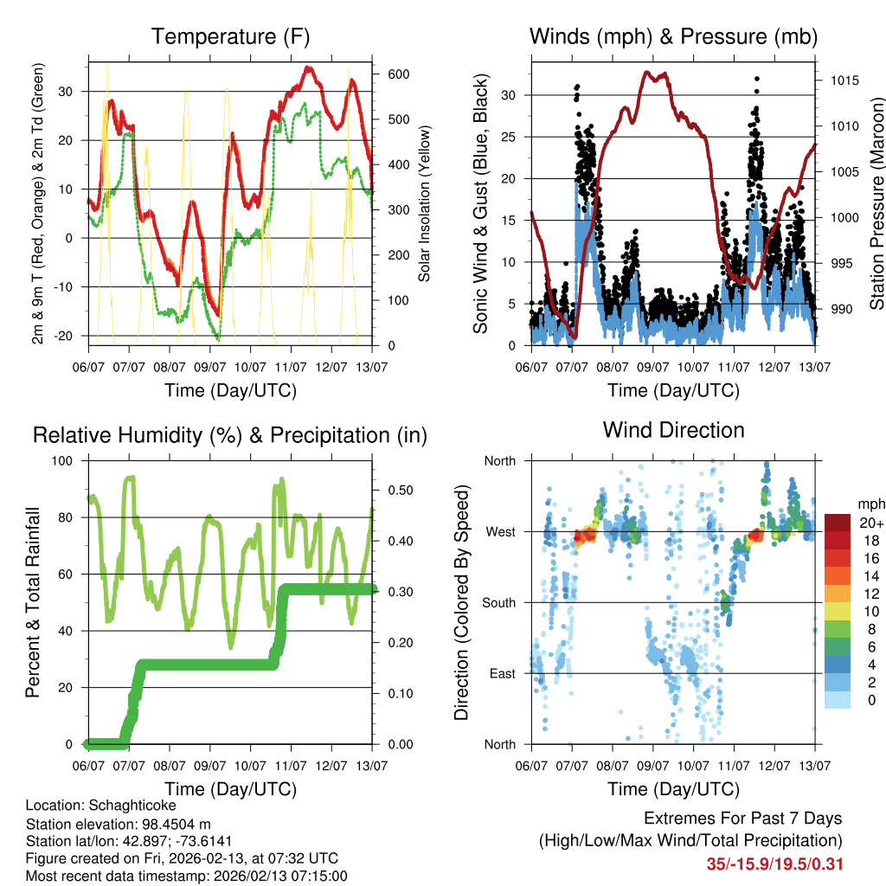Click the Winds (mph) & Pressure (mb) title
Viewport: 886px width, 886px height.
coord(673,37)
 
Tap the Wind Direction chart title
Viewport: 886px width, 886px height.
coord(673,430)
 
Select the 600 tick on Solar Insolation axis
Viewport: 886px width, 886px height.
coord(397,74)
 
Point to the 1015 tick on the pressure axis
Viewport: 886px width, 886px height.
coord(844,80)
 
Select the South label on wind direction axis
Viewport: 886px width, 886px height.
coord(499,602)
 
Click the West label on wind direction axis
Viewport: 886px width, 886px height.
coord(501,531)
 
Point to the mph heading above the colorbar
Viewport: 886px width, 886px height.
coord(870,504)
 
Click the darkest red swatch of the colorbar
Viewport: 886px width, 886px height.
coord(837,523)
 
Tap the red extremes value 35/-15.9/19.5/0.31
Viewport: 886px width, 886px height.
coord(774,864)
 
